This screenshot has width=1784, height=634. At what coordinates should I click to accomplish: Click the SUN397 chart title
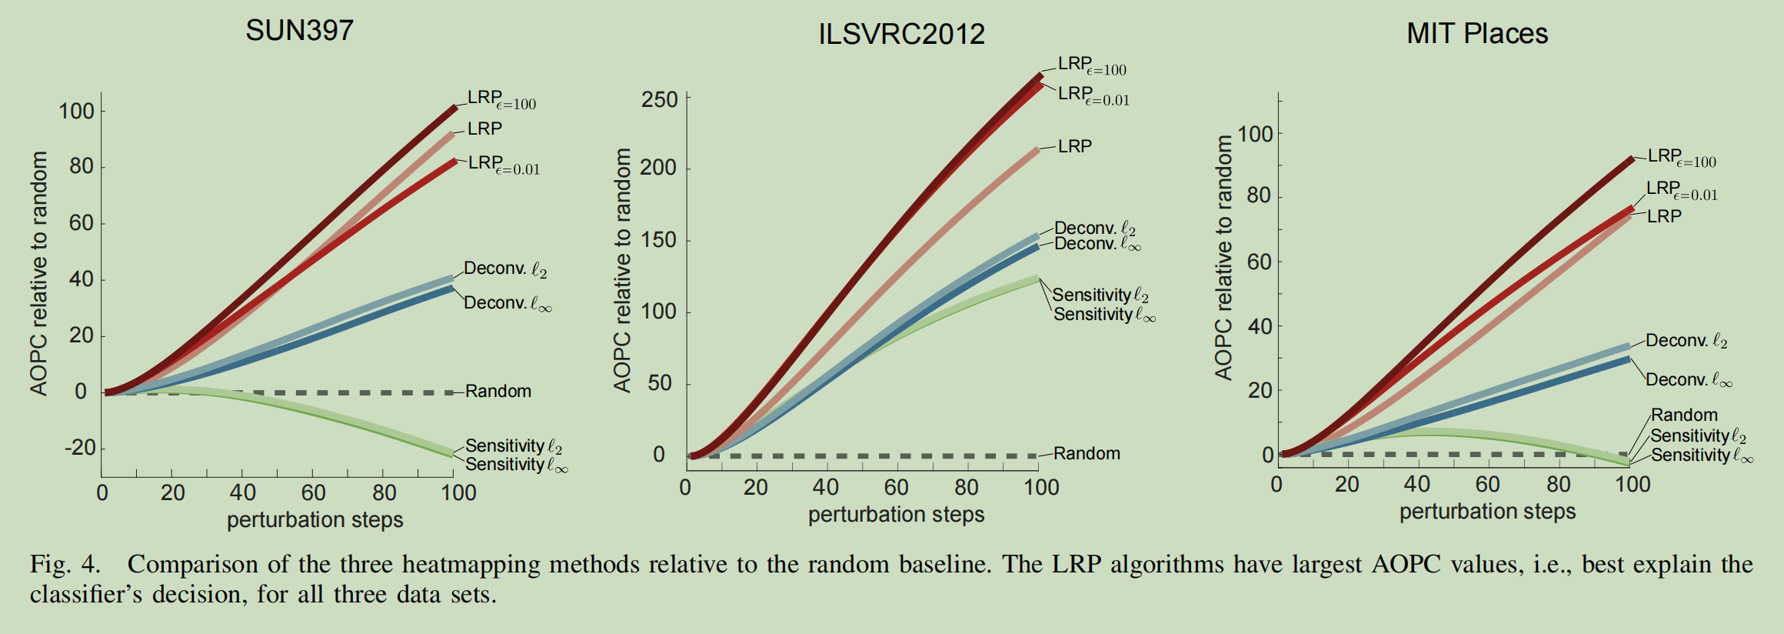click(299, 31)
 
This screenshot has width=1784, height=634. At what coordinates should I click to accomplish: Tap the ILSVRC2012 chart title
click(901, 35)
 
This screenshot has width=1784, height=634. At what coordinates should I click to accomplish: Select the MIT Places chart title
click(1476, 34)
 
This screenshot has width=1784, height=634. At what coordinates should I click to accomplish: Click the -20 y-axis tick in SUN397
click(79, 448)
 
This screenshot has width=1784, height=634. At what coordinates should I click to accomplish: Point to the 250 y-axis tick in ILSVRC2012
click(660, 100)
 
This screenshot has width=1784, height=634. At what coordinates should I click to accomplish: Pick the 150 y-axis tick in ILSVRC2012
click(660, 240)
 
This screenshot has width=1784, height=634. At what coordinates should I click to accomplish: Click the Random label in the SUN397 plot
click(498, 391)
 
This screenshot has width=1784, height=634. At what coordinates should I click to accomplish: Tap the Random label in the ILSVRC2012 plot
click(1087, 454)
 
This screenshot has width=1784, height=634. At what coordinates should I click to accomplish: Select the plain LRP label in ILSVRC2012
click(1074, 146)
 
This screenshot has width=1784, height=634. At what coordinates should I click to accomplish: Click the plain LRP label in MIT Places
click(1664, 216)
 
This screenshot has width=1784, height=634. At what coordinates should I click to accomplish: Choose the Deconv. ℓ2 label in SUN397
click(505, 269)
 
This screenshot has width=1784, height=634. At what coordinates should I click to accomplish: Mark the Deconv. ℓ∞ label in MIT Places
click(1689, 380)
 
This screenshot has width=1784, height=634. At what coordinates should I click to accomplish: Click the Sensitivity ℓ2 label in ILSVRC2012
click(1100, 295)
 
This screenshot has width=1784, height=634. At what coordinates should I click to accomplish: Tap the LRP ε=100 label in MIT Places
click(1682, 158)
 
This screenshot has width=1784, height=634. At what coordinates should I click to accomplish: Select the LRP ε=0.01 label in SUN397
click(504, 164)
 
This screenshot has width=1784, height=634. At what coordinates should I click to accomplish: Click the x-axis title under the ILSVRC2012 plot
click(896, 514)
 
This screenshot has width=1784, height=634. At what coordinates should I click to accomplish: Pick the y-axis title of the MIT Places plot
click(1223, 258)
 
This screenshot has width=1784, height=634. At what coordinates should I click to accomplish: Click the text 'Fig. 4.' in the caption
click(65, 564)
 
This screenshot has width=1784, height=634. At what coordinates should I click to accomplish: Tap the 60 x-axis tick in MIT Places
click(1487, 485)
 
